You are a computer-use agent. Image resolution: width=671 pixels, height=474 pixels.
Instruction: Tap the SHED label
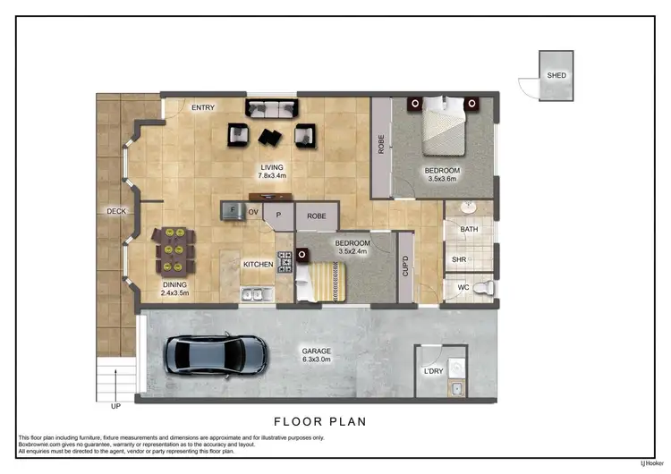[556, 76]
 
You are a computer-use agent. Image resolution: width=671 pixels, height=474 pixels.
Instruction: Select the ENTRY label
[203, 107]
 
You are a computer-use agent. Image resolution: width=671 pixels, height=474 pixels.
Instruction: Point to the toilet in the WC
[481, 288]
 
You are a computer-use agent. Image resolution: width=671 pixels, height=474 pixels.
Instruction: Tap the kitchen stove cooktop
[285, 262]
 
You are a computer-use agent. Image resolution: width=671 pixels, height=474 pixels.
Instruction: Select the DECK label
[116, 211]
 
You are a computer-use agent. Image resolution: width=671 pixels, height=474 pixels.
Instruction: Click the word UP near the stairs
[115, 405]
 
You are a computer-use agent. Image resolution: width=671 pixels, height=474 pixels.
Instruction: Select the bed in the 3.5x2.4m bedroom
[326, 283]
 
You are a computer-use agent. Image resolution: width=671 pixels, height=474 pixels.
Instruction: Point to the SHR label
[459, 260]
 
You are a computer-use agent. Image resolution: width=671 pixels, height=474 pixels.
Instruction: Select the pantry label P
[278, 216]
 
